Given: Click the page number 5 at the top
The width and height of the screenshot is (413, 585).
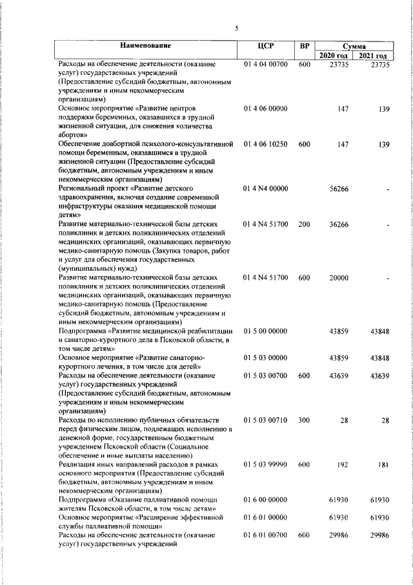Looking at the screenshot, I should [x=236, y=28].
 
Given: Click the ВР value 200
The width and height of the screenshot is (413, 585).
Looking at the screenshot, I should [x=305, y=224].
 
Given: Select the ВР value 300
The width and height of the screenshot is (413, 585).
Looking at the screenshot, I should [x=305, y=421].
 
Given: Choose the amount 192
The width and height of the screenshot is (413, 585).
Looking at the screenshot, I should [x=343, y=465].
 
